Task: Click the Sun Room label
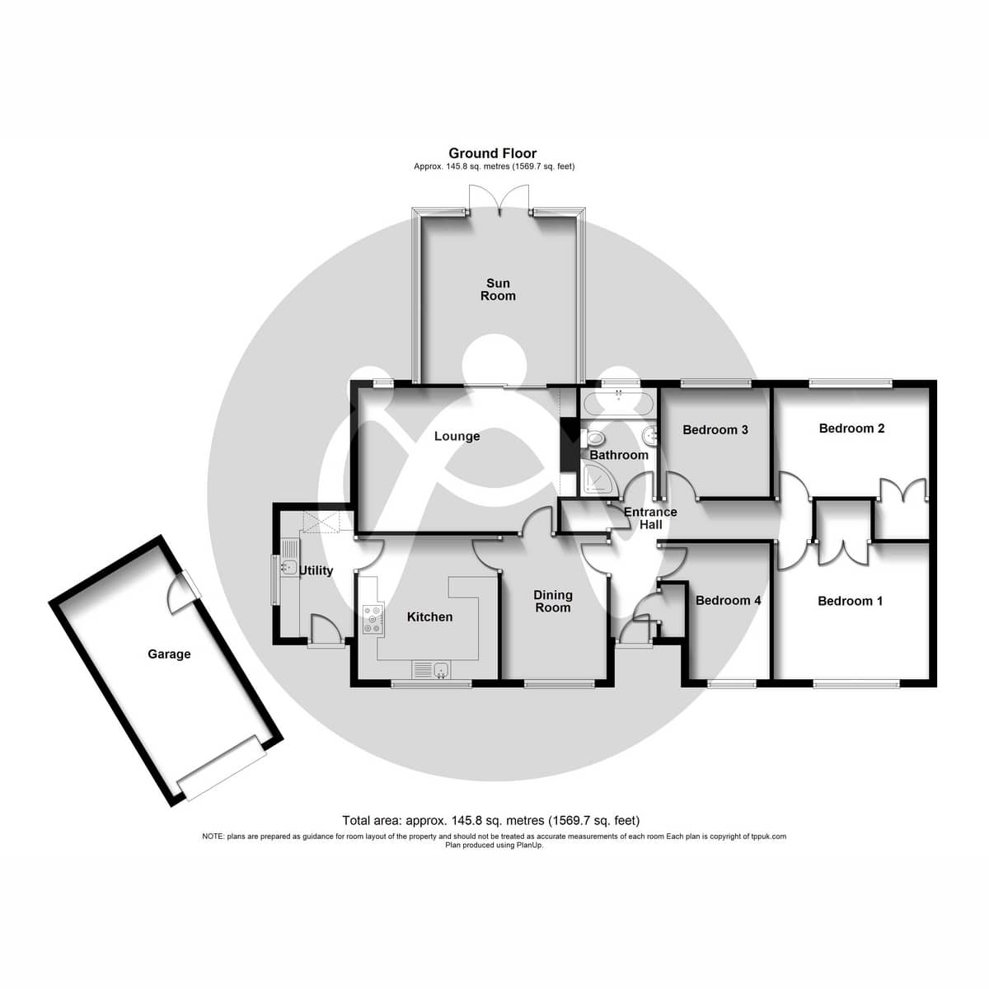pos(498,289)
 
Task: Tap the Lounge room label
pos(457,436)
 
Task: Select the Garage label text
pos(169,654)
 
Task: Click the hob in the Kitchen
pos(373,620)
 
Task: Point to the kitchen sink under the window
pos(431,669)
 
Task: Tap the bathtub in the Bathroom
pos(618,405)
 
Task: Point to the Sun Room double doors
pos(499,200)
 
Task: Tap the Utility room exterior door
pos(326,631)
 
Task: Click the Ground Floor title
pos(492,153)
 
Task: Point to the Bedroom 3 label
pos(715,429)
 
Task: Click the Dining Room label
pos(552,601)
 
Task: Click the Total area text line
pos(490,820)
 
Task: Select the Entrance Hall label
pos(649,518)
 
